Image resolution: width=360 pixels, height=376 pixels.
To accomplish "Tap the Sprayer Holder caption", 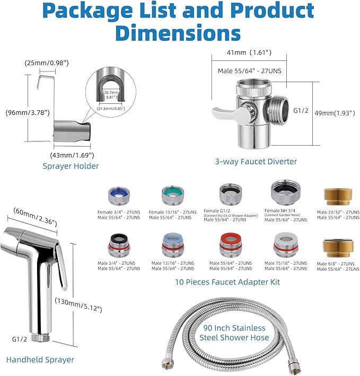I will click(71, 166).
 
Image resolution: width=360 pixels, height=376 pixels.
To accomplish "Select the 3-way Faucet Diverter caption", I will click(256, 162).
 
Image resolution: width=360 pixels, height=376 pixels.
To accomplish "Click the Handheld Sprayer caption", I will click(40, 360).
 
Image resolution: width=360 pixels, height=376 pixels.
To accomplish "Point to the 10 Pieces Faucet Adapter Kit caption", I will click(227, 282).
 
